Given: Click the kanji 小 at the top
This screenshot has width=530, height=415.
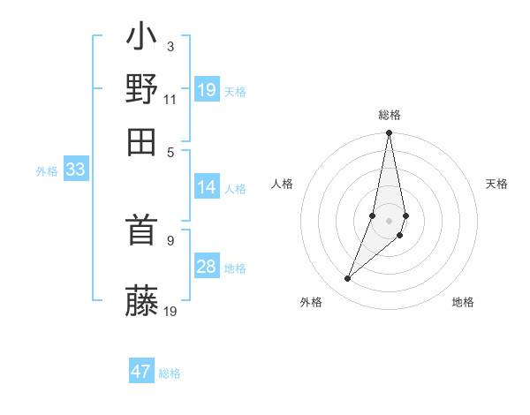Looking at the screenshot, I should [142, 39].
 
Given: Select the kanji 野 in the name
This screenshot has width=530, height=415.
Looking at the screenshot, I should [142, 89].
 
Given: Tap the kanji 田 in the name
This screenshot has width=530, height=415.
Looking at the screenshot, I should [142, 140].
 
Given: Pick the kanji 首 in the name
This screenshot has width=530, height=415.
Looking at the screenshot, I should [142, 232].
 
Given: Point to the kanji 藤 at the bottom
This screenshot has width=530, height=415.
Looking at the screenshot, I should [142, 301].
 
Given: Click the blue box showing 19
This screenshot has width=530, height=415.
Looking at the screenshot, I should [207, 90].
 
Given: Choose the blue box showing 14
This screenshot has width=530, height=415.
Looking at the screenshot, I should [207, 187].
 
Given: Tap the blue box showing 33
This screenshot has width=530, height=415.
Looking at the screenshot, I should [75, 170].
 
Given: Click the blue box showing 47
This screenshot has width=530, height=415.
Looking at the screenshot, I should [141, 372].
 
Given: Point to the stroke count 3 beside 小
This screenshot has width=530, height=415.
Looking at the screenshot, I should [170, 46].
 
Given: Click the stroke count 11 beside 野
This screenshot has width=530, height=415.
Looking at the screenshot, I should [170, 99].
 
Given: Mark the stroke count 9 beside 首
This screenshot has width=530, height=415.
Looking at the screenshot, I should [170, 240].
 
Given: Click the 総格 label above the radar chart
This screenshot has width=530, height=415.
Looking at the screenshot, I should [389, 115].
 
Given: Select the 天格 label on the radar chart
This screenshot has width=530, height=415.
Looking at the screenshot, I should [497, 184].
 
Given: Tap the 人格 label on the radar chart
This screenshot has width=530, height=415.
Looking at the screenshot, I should [282, 184].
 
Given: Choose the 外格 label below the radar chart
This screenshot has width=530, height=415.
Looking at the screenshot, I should [311, 302].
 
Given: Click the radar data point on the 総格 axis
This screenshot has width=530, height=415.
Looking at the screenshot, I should [389, 133].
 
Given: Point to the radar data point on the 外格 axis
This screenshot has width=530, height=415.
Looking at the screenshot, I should [348, 279].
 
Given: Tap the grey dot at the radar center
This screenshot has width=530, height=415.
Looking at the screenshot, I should [389, 221].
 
